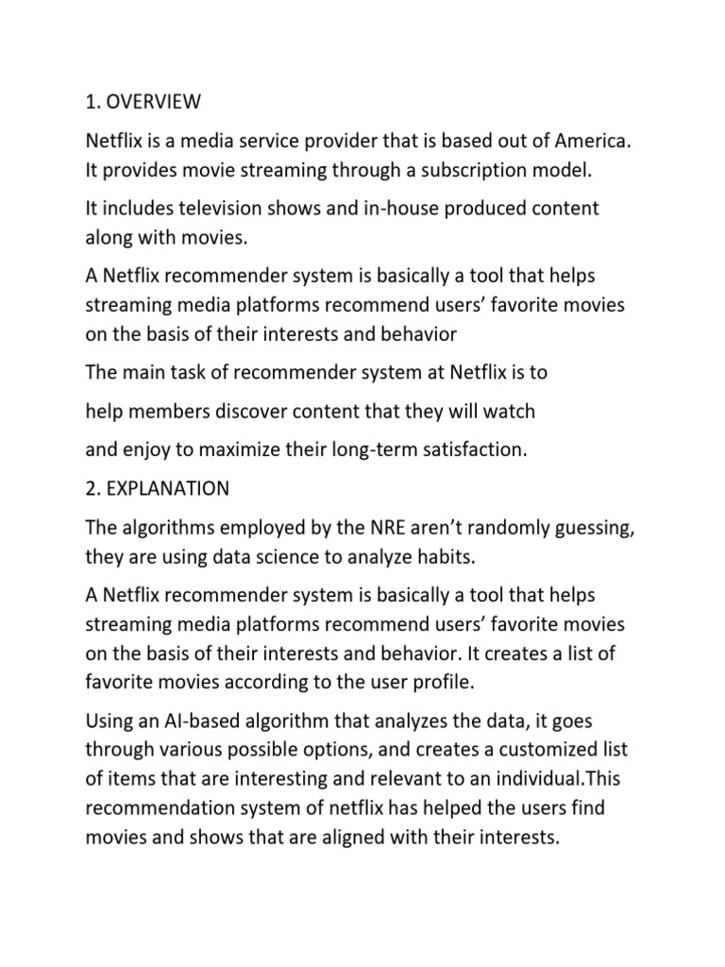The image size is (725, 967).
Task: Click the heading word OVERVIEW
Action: coord(152,99)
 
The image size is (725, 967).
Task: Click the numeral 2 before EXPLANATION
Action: coord(91,489)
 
